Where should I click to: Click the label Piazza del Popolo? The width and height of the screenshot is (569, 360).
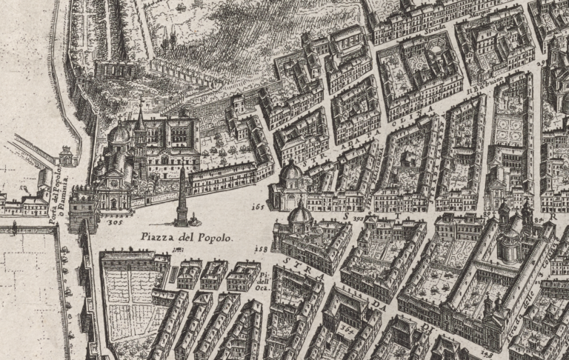[x=185, y=238]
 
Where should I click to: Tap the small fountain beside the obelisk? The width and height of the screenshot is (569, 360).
[x=196, y=219]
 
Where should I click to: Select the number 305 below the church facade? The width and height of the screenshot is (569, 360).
[x=114, y=221]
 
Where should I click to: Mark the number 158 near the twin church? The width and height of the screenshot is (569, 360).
[x=261, y=250]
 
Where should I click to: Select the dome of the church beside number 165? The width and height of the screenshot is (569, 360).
[x=290, y=173]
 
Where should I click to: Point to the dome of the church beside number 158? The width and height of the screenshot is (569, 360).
[x=299, y=214]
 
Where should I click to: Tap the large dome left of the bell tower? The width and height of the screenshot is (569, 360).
[x=120, y=134]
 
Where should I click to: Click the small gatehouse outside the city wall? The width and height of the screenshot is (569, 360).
[x=67, y=156]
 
